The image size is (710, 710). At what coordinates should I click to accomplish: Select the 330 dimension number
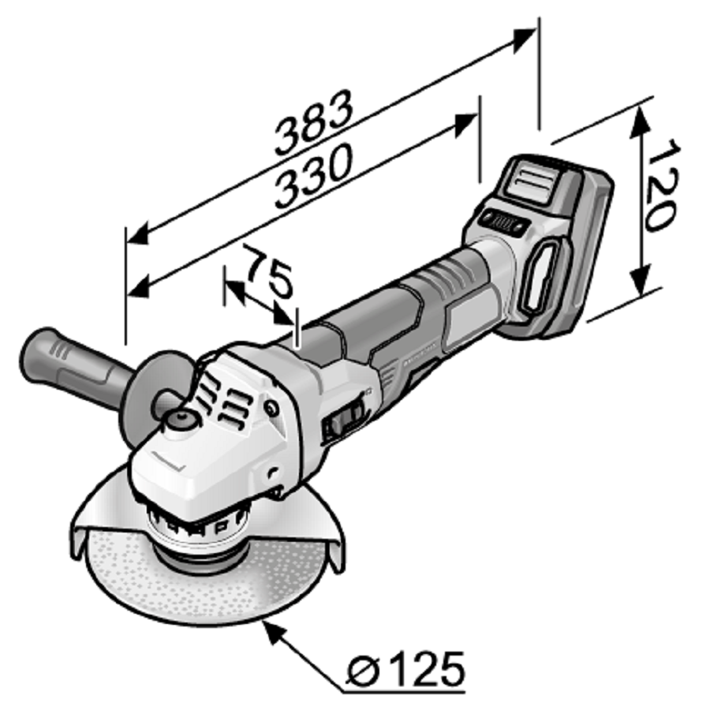[313, 176]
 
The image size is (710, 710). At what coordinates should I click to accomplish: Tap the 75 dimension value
[268, 273]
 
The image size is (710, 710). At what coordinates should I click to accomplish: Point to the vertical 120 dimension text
[662, 185]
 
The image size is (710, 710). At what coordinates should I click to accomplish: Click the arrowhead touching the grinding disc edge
[275, 631]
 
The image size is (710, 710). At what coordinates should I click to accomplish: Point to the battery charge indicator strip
[504, 222]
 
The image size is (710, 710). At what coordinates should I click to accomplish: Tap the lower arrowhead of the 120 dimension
[640, 281]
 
